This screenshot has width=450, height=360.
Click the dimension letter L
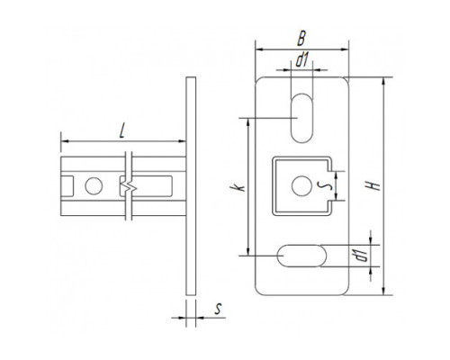121,131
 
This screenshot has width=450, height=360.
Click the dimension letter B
301,38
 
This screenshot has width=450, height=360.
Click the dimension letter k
238,188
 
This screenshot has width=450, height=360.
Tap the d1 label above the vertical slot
301,59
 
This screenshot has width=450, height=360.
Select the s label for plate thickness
219,309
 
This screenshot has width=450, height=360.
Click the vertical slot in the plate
301,118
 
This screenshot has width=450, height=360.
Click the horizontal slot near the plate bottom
301,256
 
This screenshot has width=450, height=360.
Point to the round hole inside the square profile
301,186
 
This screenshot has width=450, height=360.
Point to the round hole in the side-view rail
94,186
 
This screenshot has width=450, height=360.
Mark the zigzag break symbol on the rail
129,186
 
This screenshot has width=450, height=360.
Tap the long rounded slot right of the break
146,186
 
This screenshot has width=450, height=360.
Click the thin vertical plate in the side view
191,186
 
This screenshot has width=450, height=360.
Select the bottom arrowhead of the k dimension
247,251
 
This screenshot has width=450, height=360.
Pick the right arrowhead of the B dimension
345,49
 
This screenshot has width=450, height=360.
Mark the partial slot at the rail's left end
67,186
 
